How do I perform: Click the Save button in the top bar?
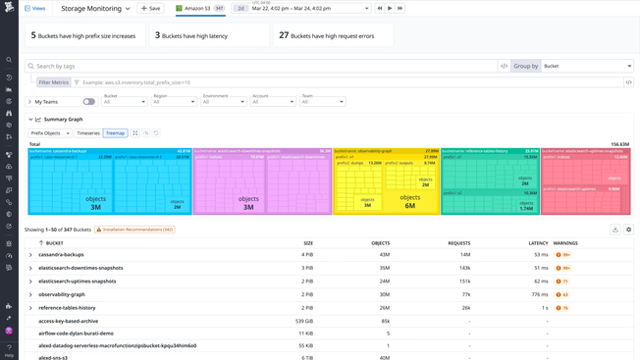(151, 8)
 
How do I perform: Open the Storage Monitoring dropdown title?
(95, 8)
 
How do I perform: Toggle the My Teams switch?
(88, 101)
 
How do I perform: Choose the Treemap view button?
(115, 133)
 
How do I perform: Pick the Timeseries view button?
(88, 133)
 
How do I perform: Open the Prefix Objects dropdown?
(50, 133)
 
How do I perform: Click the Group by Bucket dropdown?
(587, 66)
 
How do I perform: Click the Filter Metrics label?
(54, 82)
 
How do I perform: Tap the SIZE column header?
(307, 242)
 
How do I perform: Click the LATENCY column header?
(538, 242)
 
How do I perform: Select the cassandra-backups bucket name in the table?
(61, 255)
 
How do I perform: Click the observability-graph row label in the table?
(62, 294)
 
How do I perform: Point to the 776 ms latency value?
(539, 294)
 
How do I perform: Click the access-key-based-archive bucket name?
(68, 321)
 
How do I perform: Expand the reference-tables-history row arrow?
(30, 308)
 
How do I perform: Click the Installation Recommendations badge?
(134, 230)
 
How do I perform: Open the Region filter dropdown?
(174, 101)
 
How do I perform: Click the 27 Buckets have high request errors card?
(333, 35)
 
